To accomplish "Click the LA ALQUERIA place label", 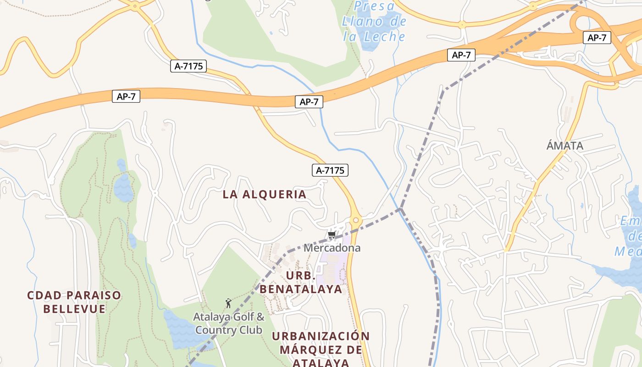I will (265, 194).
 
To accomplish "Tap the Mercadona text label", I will (332, 248).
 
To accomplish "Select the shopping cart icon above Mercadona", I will (332, 235).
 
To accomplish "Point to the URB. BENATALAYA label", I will (301, 282).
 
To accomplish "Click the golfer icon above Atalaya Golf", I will (228, 303).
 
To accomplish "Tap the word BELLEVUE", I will (74, 309).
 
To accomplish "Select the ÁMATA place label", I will (565, 146).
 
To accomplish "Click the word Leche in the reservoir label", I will (382, 36).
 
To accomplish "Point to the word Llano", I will (362, 22).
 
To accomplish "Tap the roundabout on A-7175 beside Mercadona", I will (355, 221).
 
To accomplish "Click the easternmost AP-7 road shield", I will (597, 38).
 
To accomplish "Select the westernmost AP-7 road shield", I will (126, 96).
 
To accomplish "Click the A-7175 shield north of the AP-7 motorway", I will (188, 66).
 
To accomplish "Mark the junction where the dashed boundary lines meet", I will (401, 209).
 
